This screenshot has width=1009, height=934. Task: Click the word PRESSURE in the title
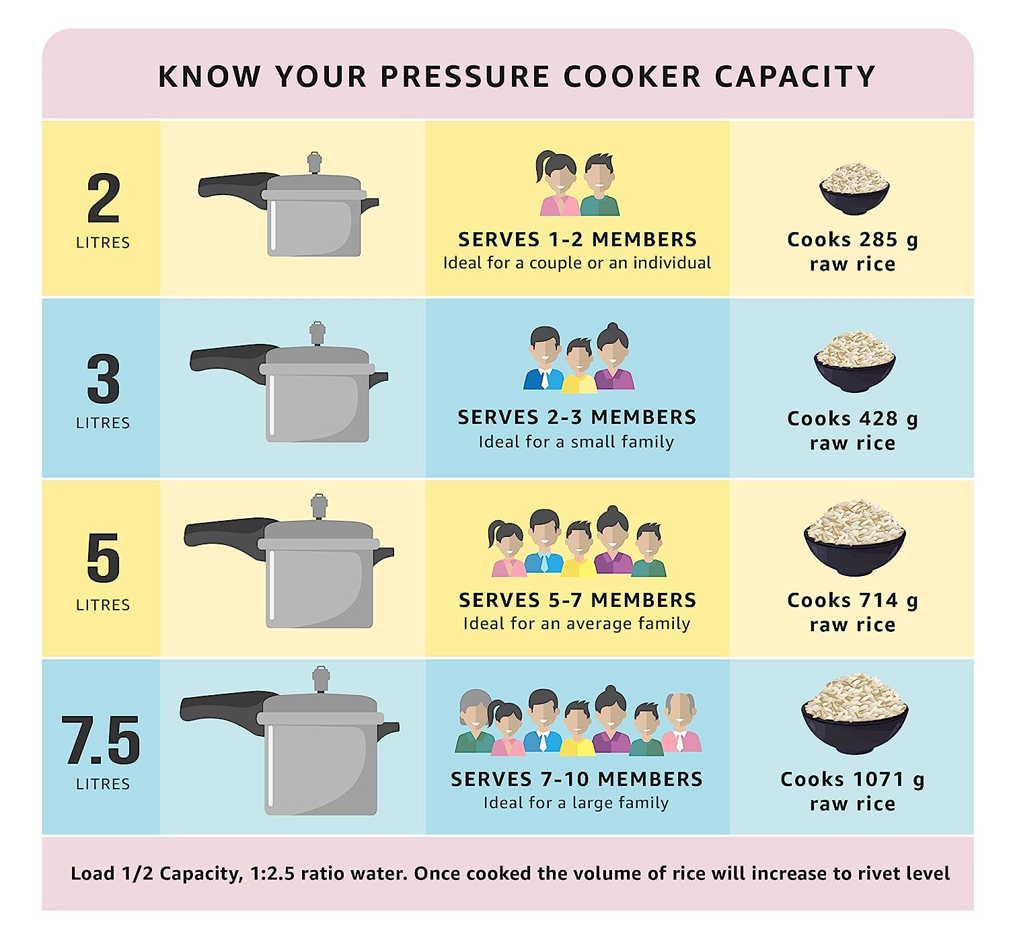pos(464,76)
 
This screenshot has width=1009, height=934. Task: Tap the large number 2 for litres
pos(103,199)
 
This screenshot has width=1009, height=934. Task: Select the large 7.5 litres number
pos(101,740)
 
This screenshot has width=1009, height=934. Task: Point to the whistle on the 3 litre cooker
pos(317,333)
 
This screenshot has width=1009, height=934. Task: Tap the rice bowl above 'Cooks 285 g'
pos(854,188)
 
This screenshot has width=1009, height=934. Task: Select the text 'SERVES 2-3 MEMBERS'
pos(576,417)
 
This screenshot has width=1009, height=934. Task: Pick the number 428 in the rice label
pos(879,419)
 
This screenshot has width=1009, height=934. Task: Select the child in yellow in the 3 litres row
pos(578,366)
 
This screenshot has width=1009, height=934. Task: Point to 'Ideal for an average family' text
pos(576,623)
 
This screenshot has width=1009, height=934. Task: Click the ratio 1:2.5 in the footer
pos(272,873)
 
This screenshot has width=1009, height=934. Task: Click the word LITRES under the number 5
pos(103,605)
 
